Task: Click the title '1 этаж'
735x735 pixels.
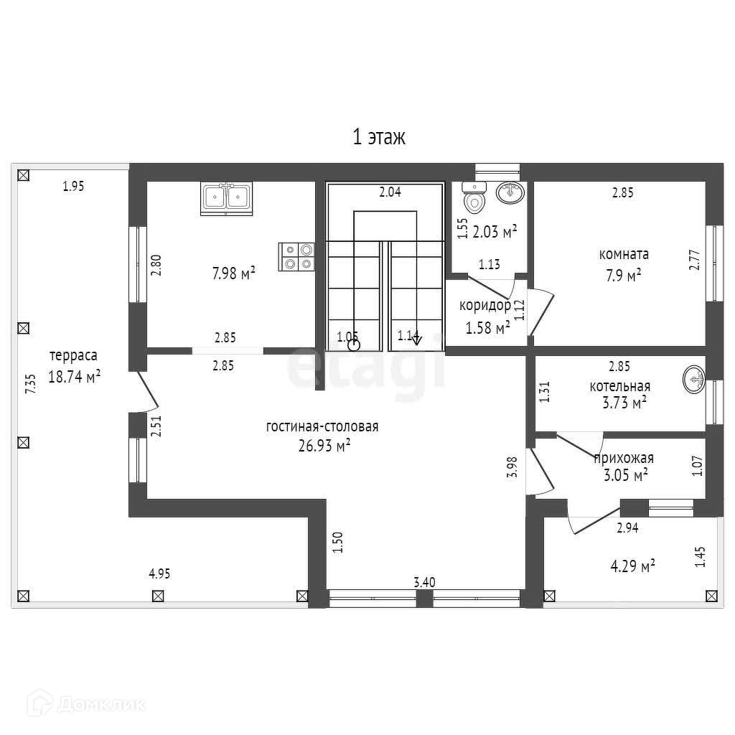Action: click(379, 137)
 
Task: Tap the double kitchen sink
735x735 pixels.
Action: click(226, 198)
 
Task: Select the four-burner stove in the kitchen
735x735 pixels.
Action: click(298, 256)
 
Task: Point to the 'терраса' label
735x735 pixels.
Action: click(73, 356)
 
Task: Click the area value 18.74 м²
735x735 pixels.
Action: click(74, 377)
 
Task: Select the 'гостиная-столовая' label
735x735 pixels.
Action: click(322, 426)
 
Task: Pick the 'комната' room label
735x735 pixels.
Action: click(624, 254)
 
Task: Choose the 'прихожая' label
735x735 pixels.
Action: click(624, 458)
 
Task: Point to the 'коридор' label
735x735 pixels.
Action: click(485, 306)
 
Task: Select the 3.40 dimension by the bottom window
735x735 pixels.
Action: click(424, 582)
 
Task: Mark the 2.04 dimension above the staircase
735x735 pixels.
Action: click(390, 192)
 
